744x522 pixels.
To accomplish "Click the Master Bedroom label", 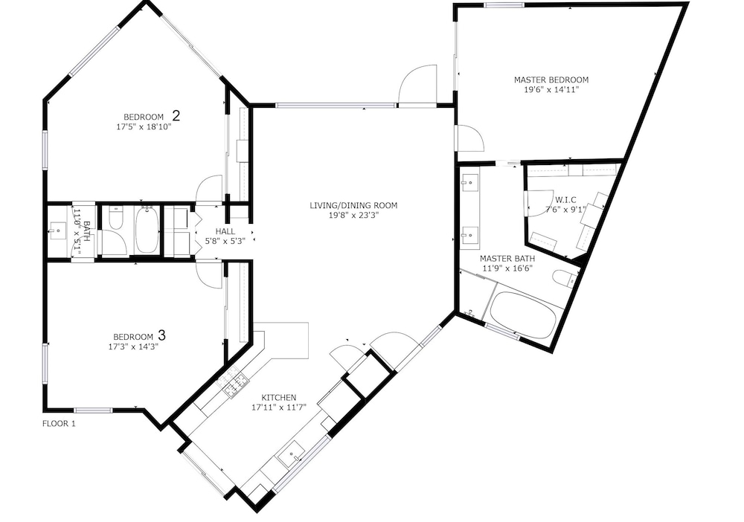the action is [x=551, y=80].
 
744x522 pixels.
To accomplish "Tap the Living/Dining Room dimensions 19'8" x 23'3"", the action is [x=353, y=215].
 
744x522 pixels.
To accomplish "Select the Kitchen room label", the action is [x=279, y=398].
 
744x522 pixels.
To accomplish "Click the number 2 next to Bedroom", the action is [x=176, y=115].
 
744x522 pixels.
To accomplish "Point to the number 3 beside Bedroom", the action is [x=161, y=335].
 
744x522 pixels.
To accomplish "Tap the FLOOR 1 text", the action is [x=59, y=423].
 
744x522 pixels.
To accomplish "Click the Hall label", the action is [x=225, y=231].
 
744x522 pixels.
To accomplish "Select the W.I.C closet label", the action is [x=565, y=200].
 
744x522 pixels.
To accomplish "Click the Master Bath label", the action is [x=507, y=259].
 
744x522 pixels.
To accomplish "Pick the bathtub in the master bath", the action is [x=522, y=315].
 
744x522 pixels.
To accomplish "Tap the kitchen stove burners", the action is [x=233, y=384].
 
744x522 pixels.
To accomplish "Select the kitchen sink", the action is [x=290, y=454].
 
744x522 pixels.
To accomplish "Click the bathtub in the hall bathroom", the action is [x=147, y=231].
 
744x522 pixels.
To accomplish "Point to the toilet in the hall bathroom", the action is [x=115, y=217].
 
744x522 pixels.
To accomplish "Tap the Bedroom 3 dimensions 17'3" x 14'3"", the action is [x=133, y=347].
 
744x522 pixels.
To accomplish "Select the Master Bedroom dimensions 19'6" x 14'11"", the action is [x=551, y=90].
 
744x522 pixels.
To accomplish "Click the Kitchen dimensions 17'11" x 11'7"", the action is [x=279, y=407].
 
